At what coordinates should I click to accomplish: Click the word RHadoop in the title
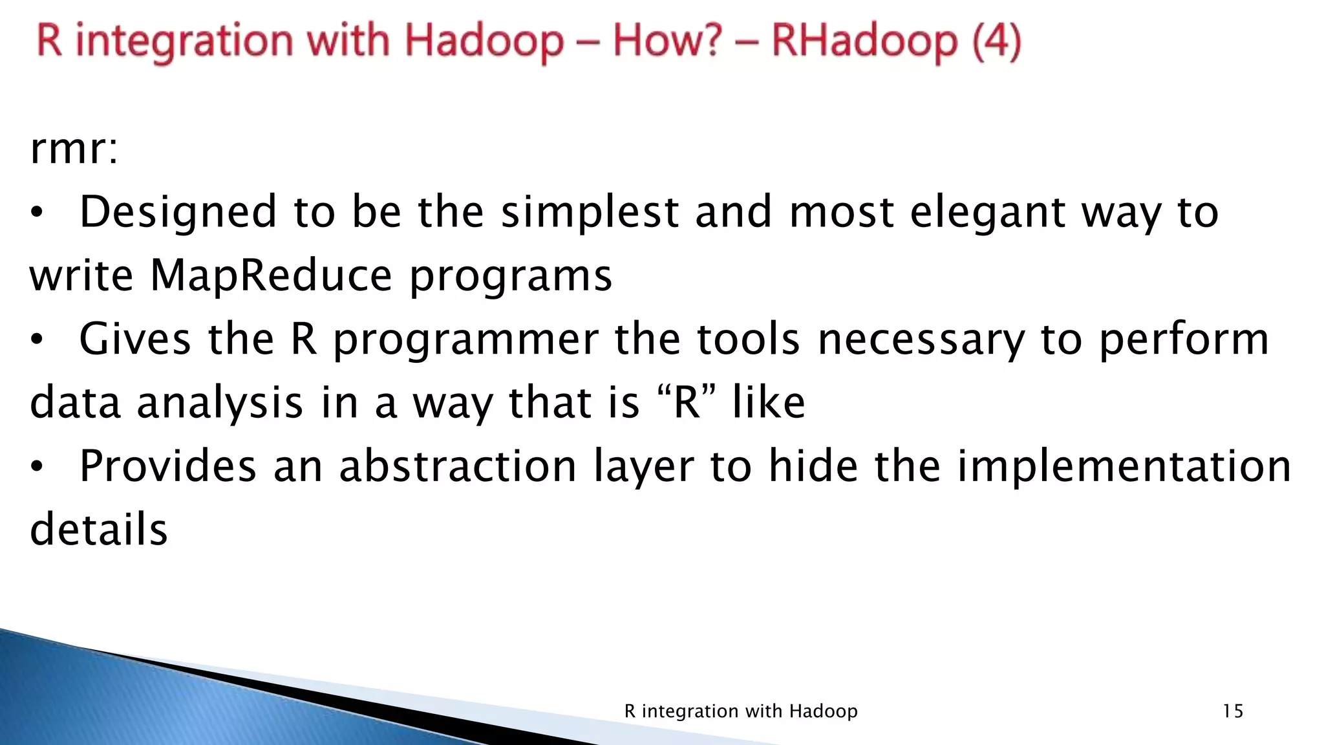coord(864,41)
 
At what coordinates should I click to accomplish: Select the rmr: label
coord(74,149)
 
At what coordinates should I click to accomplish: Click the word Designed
coord(178,213)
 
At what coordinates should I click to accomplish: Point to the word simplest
coord(590,213)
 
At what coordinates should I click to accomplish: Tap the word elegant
coord(988,213)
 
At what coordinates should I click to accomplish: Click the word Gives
coord(135,339)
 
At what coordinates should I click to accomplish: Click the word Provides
coord(167,466)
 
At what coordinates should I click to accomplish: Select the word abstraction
coord(458,466)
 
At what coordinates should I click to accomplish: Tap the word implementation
coord(1124,467)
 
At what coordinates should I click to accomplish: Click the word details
coord(98,529)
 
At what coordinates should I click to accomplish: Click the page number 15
coord(1233,711)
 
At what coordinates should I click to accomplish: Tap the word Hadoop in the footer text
coord(823,711)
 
